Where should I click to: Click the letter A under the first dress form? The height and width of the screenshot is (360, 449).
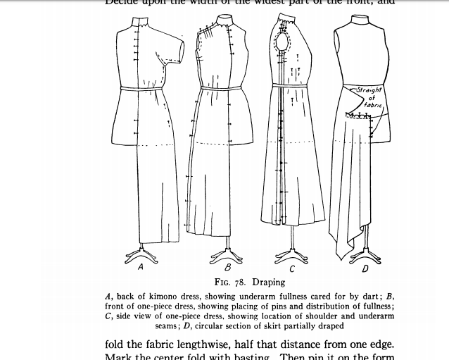click(141, 267)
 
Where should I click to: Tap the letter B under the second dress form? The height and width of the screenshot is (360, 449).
click(227, 268)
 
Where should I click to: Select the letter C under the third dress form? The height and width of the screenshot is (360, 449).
click(292, 268)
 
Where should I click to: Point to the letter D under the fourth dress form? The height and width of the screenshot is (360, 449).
click(365, 268)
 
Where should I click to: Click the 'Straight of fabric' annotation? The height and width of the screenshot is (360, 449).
click(368, 97)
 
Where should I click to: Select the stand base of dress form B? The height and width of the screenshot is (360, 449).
click(227, 253)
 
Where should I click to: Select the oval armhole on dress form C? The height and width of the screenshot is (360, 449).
click(283, 50)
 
